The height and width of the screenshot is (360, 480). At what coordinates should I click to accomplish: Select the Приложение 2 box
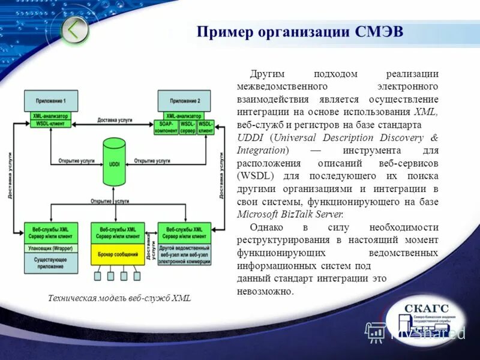click(185, 100)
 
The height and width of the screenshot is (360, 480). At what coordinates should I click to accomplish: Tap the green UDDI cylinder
click(114, 162)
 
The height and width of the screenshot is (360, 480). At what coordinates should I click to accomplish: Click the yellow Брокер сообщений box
click(118, 254)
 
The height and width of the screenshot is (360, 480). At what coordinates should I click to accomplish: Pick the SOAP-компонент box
click(166, 127)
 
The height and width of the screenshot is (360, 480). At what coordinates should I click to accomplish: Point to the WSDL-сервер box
click(188, 127)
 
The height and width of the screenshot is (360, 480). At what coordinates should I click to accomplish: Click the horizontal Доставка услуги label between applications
click(115, 121)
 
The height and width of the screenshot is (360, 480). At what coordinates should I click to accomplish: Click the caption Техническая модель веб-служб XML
click(119, 298)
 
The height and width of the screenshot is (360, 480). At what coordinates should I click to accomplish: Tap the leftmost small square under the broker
click(98, 276)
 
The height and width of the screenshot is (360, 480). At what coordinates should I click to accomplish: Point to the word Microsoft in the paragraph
click(259, 214)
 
